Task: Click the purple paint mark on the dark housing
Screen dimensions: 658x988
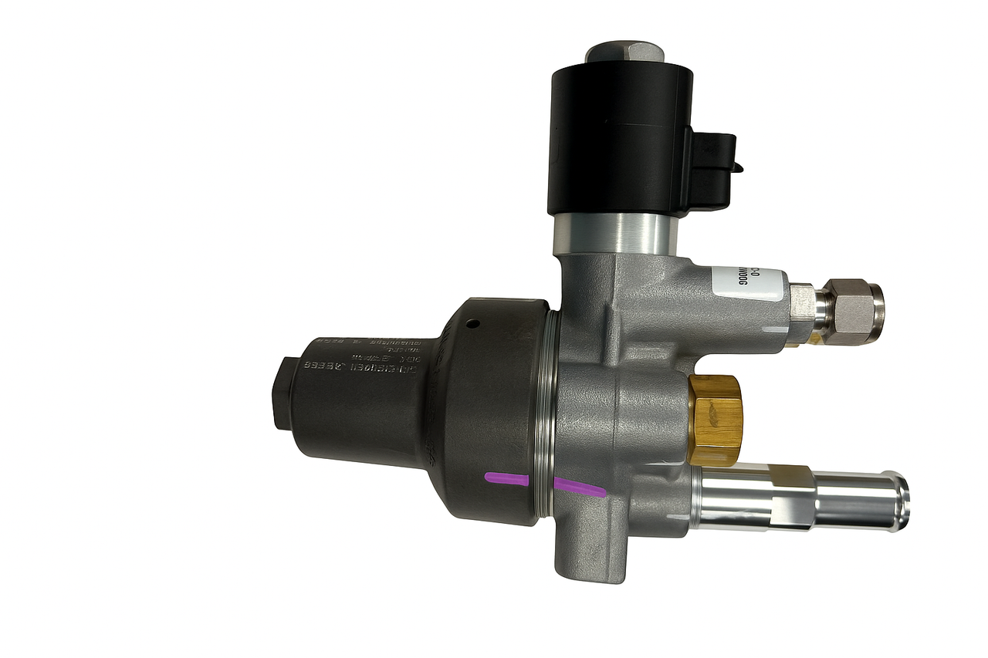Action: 506,479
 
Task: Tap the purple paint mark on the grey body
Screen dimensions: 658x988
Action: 579,486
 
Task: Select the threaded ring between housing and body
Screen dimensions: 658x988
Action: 551,417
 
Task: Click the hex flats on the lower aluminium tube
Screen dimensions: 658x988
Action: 795,498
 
